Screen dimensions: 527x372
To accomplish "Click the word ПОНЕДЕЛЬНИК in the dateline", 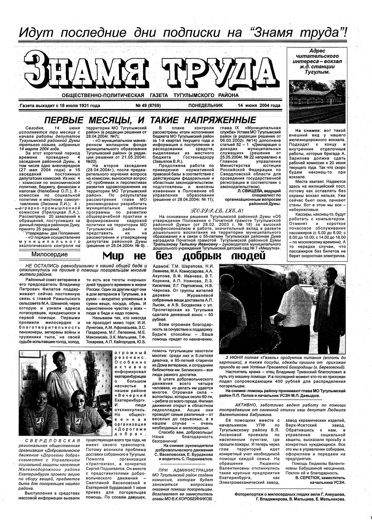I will point(206,105).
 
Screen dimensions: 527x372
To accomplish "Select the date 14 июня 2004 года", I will point(259,105).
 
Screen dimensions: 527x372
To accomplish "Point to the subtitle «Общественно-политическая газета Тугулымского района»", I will point(150,95).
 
